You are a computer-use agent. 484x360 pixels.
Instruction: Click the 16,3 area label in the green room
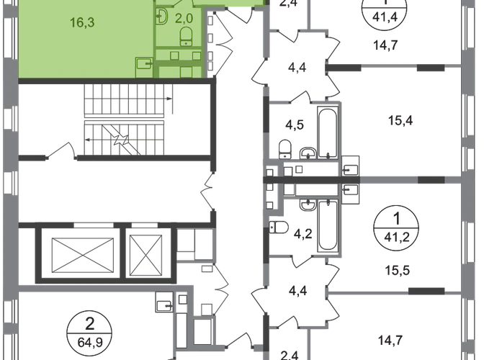(84, 23)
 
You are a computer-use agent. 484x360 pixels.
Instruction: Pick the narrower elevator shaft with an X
(148, 253)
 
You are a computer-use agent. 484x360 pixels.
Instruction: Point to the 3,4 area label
(298, 70)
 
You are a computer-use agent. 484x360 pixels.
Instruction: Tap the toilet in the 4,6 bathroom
(286, 148)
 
